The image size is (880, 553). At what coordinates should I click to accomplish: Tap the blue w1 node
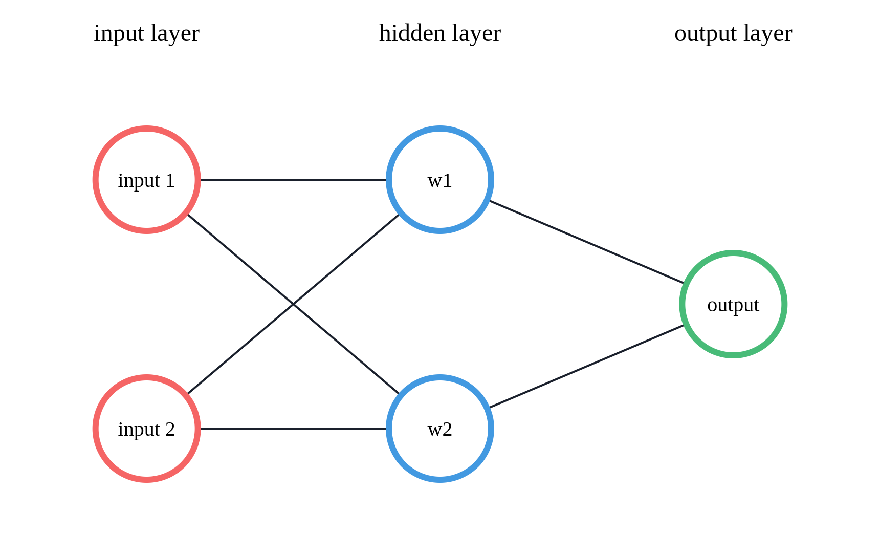point(440,154)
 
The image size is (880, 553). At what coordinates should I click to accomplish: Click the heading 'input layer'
point(146,34)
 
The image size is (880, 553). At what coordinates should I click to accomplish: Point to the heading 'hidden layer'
point(439,34)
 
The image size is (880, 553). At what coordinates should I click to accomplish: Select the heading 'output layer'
point(733,34)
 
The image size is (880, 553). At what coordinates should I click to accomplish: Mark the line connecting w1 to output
point(586,242)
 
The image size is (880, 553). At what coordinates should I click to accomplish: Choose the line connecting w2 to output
point(586,367)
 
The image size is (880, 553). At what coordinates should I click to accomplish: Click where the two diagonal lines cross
point(293,304)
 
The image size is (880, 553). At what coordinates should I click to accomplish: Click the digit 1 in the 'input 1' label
point(170,181)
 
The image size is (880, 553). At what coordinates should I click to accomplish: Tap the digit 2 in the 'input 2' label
point(170,430)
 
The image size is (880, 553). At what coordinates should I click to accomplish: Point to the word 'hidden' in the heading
point(412,34)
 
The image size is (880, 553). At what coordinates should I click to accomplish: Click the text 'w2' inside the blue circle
point(440,430)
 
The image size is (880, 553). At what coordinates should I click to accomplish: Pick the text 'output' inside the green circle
point(733,305)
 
